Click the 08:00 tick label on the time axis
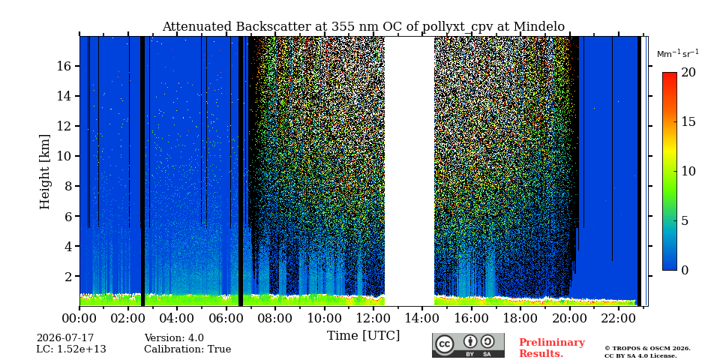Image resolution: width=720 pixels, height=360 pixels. pyautogui.click(x=275, y=317)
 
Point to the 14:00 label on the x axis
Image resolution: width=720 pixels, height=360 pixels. pyautogui.click(x=422, y=317)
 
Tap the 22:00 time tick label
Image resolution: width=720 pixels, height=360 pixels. pyautogui.click(x=619, y=317)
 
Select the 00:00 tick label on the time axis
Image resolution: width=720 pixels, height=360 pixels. pyautogui.click(x=79, y=317)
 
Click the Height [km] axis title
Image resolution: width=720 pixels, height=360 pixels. pyautogui.click(x=44, y=172)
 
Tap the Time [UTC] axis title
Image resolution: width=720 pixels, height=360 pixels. pyautogui.click(x=363, y=336)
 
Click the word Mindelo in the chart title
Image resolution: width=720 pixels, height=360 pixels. pyautogui.click(x=539, y=27)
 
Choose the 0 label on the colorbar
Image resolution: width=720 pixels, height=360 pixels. pyautogui.click(x=685, y=270)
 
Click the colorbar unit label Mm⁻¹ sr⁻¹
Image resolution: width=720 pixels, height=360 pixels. pyautogui.click(x=678, y=53)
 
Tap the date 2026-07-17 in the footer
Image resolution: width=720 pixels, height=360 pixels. pyautogui.click(x=65, y=338)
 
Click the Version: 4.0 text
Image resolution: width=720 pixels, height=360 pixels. pyautogui.click(x=174, y=338)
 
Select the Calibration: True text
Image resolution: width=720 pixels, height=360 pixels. pyautogui.click(x=187, y=349)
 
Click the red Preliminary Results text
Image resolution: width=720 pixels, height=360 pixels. pyautogui.click(x=552, y=348)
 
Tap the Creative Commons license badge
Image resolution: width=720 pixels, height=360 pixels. pyautogui.click(x=468, y=345)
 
